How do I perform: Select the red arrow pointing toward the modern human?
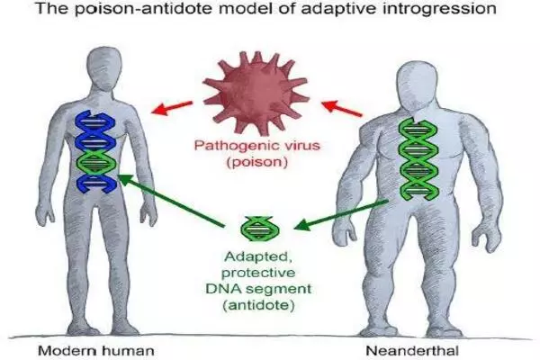pyautogui.click(x=176, y=112)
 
